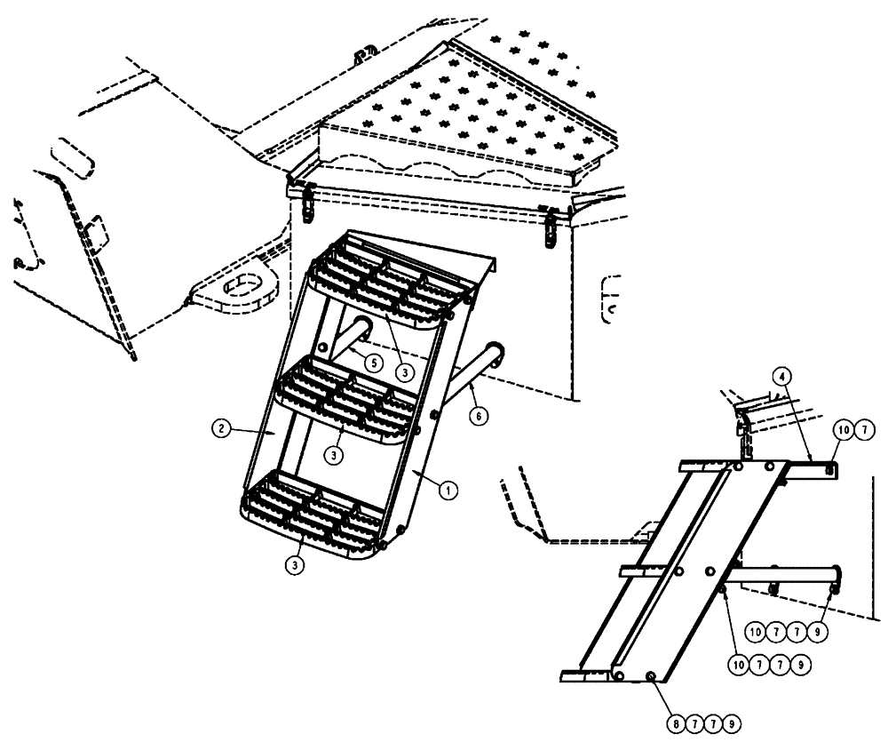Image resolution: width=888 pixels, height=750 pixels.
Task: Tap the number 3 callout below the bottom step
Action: point(296,562)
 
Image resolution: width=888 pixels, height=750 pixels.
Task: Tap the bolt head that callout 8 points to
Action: point(653,677)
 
